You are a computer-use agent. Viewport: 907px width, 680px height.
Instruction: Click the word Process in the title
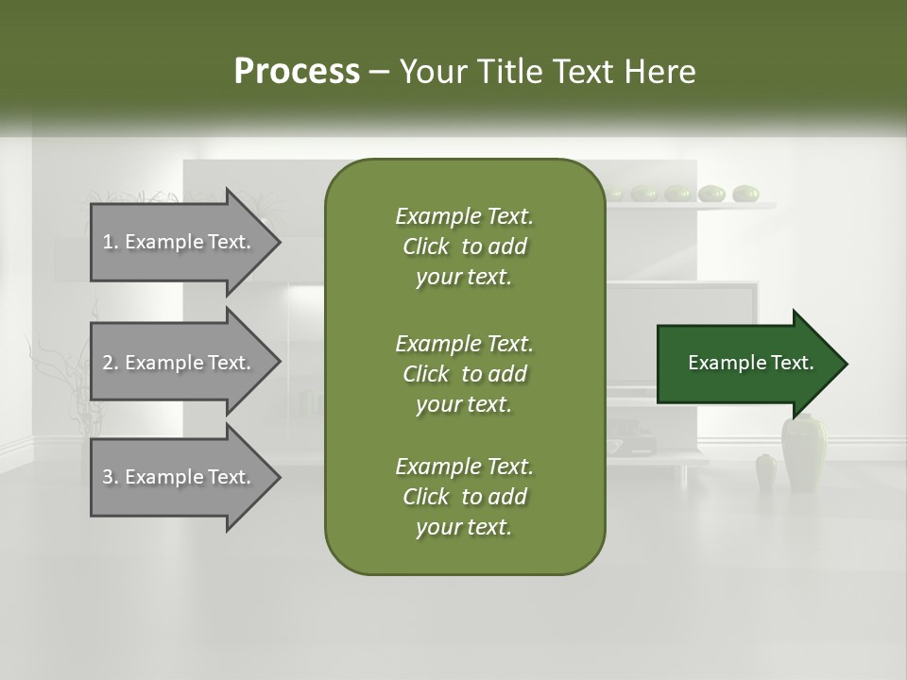coord(297,72)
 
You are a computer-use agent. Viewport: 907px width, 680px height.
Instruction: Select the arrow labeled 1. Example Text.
coord(180,242)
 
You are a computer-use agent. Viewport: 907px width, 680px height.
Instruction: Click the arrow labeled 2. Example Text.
coord(180,363)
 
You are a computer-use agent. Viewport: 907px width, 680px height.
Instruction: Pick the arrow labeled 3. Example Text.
coord(180,478)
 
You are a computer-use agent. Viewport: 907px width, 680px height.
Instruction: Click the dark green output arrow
coord(746,364)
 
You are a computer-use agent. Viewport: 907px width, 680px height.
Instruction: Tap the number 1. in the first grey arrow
coord(110,242)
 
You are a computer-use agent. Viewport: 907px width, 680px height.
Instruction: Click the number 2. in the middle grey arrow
coord(110,363)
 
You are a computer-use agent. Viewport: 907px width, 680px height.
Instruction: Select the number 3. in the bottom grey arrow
coord(110,478)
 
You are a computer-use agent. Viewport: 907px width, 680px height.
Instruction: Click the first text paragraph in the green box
coord(464,246)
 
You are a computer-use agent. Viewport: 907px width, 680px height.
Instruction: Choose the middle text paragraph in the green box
coord(464,373)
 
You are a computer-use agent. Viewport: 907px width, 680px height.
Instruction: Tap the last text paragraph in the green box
coord(464,497)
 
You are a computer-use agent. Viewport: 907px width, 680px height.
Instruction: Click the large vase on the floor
coord(803,453)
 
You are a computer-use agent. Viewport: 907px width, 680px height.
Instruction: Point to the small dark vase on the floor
coord(766,471)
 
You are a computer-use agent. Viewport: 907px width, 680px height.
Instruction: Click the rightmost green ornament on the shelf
coord(745,194)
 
